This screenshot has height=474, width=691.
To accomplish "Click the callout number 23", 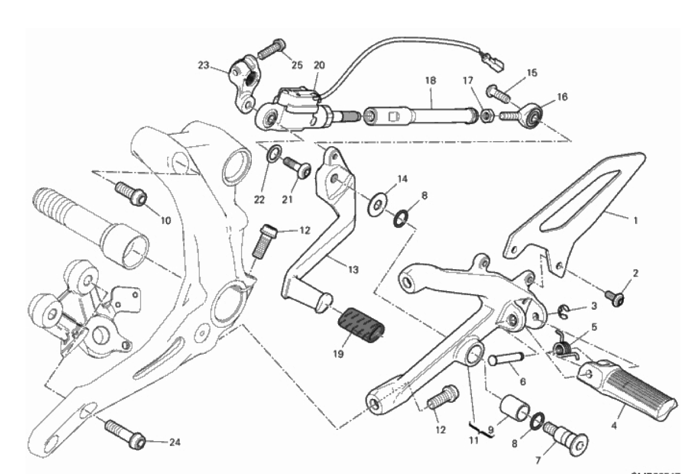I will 204,65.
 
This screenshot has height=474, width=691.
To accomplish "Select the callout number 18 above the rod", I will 431,81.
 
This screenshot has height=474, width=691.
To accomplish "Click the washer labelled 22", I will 275,152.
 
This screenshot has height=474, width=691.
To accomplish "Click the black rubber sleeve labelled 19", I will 361,326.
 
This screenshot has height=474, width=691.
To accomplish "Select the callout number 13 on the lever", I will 352,270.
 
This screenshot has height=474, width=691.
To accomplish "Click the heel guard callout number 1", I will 636,221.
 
